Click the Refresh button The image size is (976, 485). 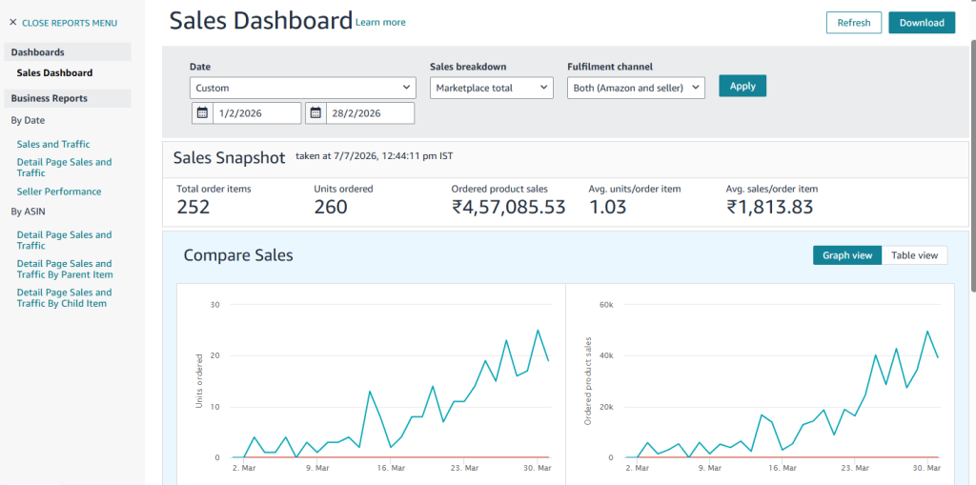pos(854,23)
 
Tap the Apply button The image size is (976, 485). pos(742,86)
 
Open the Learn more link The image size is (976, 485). pos(380,23)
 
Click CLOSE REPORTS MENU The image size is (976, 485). pos(63,23)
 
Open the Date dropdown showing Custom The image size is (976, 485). pos(302,88)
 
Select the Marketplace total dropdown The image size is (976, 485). pos(492,88)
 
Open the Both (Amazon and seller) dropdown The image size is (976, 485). pos(636,88)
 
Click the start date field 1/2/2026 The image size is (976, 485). pos(256,113)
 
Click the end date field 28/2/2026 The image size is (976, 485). pos(370,113)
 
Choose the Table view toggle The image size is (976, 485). pos(914,255)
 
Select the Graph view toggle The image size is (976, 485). pos(847,255)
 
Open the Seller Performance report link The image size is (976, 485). pos(59,192)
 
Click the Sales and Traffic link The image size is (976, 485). pos(53,144)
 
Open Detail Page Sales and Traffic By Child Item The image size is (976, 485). pos(64,297)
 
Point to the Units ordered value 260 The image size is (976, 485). pos(331,207)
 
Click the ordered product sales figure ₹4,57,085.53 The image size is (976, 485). pos(509,207)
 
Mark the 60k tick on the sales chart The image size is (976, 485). pos(606,305)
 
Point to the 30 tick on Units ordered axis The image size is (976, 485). pos(215,305)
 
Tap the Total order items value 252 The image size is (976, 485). pos(193,207)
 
